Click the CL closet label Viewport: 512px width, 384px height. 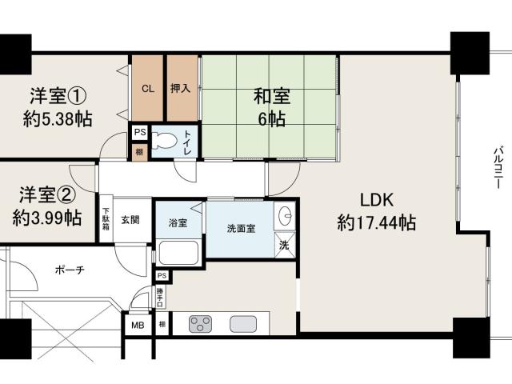pyautogui.click(x=148, y=89)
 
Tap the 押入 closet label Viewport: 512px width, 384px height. pyautogui.click(x=180, y=88)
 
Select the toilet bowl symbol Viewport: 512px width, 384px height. pyautogui.click(x=164, y=141)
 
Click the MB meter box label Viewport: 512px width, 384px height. pyautogui.click(x=138, y=326)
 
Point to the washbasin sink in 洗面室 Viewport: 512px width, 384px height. pyautogui.click(x=285, y=215)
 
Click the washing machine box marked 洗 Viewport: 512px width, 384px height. pyautogui.click(x=285, y=245)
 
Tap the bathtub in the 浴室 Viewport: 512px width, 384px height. pyautogui.click(x=178, y=253)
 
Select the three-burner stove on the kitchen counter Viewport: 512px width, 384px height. pyautogui.click(x=200, y=324)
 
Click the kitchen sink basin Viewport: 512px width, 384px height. pyautogui.click(x=243, y=324)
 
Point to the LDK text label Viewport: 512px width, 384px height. pyautogui.click(x=377, y=200)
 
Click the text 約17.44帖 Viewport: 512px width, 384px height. pyautogui.click(x=377, y=223)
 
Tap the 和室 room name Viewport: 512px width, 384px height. pyautogui.click(x=272, y=96)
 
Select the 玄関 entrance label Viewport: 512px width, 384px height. pyautogui.click(x=130, y=220)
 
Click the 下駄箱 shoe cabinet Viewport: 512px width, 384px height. pyautogui.click(x=106, y=219)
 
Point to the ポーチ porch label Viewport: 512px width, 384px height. pyautogui.click(x=70, y=270)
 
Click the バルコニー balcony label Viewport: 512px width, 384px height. pyautogui.click(x=498, y=167)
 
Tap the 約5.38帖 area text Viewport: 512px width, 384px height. pyautogui.click(x=58, y=118)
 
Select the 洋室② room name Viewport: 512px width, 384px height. pyautogui.click(x=47, y=194)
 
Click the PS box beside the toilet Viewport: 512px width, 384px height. pyautogui.click(x=140, y=133)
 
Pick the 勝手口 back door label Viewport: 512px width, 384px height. pyautogui.click(x=160, y=297)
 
